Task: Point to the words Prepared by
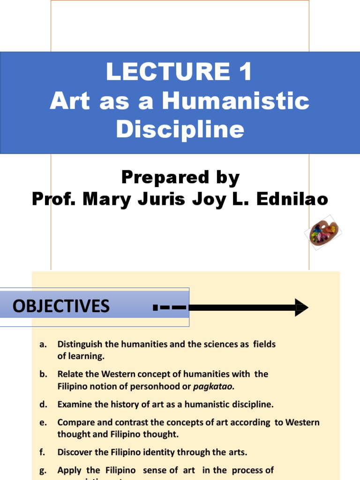click(x=180, y=178)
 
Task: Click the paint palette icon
click(x=324, y=232)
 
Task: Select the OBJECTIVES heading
click(x=61, y=307)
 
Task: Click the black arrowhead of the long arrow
click(x=301, y=307)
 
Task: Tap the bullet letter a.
click(x=43, y=345)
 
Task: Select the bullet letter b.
click(x=43, y=374)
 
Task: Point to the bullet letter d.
click(x=43, y=404)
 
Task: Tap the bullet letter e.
click(x=43, y=422)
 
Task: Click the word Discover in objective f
click(x=75, y=452)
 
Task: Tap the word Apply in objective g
click(x=69, y=470)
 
